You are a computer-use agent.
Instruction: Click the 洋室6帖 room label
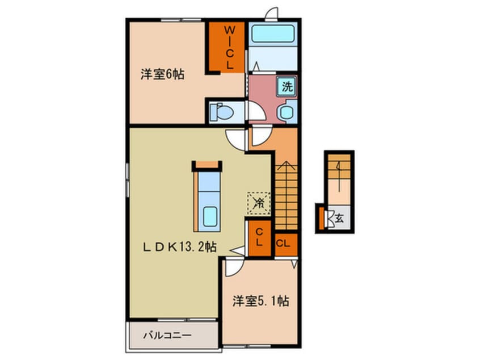tap(162, 74)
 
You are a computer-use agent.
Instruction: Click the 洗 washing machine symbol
tap(287, 87)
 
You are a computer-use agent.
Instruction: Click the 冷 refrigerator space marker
tap(258, 202)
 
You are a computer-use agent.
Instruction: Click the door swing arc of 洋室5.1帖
tap(234, 266)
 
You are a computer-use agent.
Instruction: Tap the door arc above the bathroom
tap(272, 12)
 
